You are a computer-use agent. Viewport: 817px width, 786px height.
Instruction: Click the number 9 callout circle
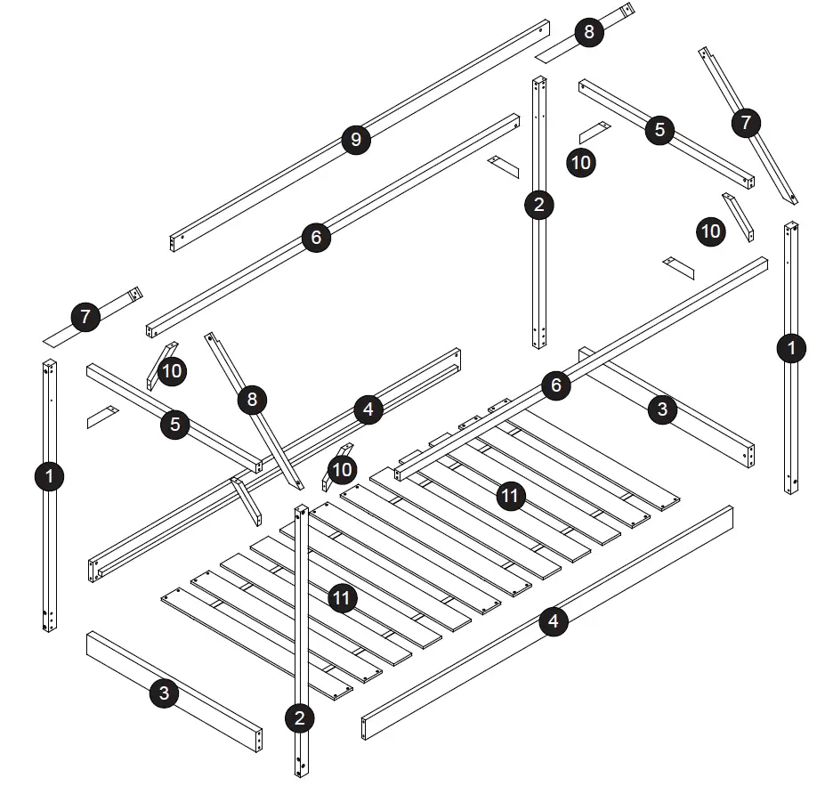pos(355,140)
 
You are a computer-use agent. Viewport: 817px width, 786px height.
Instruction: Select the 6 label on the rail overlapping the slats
pos(555,385)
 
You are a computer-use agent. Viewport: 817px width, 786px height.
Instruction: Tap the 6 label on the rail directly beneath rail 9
pos(316,238)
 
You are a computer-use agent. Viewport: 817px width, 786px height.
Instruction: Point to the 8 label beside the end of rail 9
pos(588,34)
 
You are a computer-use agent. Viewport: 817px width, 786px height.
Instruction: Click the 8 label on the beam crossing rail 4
pos(252,400)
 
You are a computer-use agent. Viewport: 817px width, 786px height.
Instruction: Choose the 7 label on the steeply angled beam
pos(746,122)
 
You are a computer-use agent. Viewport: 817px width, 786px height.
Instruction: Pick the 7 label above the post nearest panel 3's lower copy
pos(85,317)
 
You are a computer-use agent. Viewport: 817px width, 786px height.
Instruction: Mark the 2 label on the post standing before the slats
pos(301,717)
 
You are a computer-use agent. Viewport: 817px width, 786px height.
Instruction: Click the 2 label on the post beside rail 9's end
pos(538,206)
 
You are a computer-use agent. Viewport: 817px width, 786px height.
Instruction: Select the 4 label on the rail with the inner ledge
pos(368,410)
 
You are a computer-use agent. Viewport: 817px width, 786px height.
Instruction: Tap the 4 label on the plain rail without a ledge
pos(554,620)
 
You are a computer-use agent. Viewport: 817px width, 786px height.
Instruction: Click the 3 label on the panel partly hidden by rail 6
pos(661,410)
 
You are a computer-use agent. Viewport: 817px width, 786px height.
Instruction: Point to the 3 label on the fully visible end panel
pos(163,695)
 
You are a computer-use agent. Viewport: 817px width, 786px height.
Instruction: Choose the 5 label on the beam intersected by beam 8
pos(174,424)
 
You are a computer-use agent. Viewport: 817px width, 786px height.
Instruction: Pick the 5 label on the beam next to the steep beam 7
pos(659,129)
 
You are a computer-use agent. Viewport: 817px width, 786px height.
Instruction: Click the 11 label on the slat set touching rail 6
pos(510,496)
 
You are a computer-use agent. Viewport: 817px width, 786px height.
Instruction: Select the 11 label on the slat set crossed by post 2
pos(342,598)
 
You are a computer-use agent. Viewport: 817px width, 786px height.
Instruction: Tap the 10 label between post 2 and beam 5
pos(581,162)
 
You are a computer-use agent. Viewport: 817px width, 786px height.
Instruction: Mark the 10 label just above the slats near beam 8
pos(342,468)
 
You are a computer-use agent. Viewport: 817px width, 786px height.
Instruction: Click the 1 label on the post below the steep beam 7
pos(789,349)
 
